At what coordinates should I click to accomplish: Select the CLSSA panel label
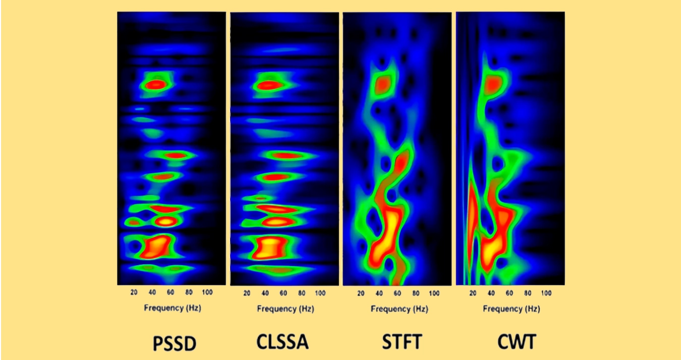click(x=282, y=342)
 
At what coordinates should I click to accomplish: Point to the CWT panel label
click(x=516, y=342)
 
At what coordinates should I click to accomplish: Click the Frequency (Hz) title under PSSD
click(x=172, y=308)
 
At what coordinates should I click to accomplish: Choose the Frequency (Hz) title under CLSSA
click(x=285, y=308)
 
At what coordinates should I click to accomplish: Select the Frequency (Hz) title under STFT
click(x=399, y=309)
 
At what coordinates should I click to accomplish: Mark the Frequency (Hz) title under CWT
click(x=511, y=309)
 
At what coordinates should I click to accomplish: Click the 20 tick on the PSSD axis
click(x=134, y=292)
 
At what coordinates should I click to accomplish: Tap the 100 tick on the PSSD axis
click(x=207, y=292)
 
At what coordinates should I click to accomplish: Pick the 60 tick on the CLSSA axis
click(x=283, y=292)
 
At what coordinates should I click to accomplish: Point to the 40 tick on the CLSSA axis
click(x=265, y=292)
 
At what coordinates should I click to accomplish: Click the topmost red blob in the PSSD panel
click(x=155, y=85)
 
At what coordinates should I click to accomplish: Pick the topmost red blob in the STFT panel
click(x=385, y=83)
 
